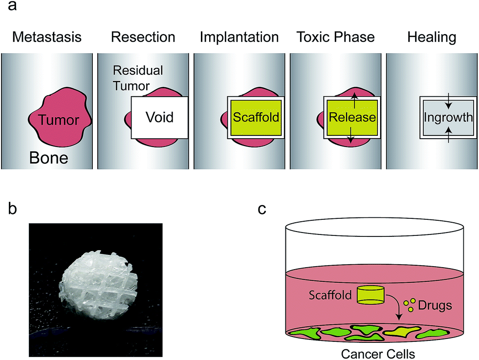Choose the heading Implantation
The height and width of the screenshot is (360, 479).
point(239,38)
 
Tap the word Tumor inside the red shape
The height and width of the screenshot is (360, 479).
point(59,119)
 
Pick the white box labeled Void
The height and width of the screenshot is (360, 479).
point(159,118)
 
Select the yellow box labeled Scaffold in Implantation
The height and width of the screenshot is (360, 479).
point(256,118)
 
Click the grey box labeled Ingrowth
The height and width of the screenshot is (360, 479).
point(448,118)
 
